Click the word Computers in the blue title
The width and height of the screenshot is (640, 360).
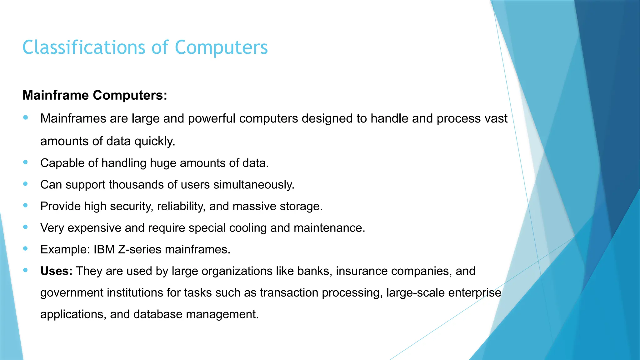tap(221, 47)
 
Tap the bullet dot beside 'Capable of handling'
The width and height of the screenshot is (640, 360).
tap(26, 162)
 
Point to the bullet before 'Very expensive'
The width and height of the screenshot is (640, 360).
tap(26, 227)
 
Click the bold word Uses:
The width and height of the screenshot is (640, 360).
tap(56, 271)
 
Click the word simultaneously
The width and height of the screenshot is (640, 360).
tap(254, 185)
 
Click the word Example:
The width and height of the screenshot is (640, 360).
tap(65, 249)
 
